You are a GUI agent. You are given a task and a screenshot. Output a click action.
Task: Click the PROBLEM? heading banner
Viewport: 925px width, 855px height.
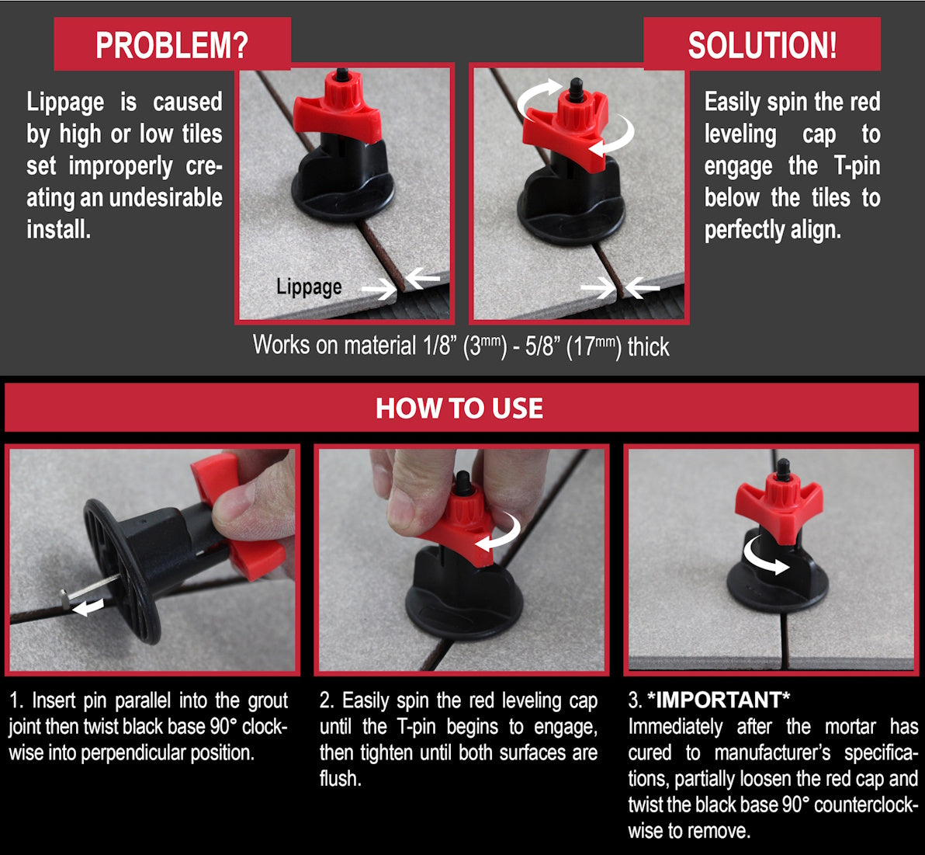171,45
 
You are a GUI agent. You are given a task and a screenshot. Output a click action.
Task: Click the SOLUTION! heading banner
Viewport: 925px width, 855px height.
762,45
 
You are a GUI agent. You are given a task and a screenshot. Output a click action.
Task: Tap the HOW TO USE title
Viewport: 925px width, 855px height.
459,408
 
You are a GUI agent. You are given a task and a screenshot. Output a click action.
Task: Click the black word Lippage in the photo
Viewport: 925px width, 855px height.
309,287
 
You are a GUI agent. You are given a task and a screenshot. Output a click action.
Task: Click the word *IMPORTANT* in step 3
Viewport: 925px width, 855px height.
719,700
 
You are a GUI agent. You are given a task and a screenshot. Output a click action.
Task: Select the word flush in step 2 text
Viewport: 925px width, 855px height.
339,778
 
